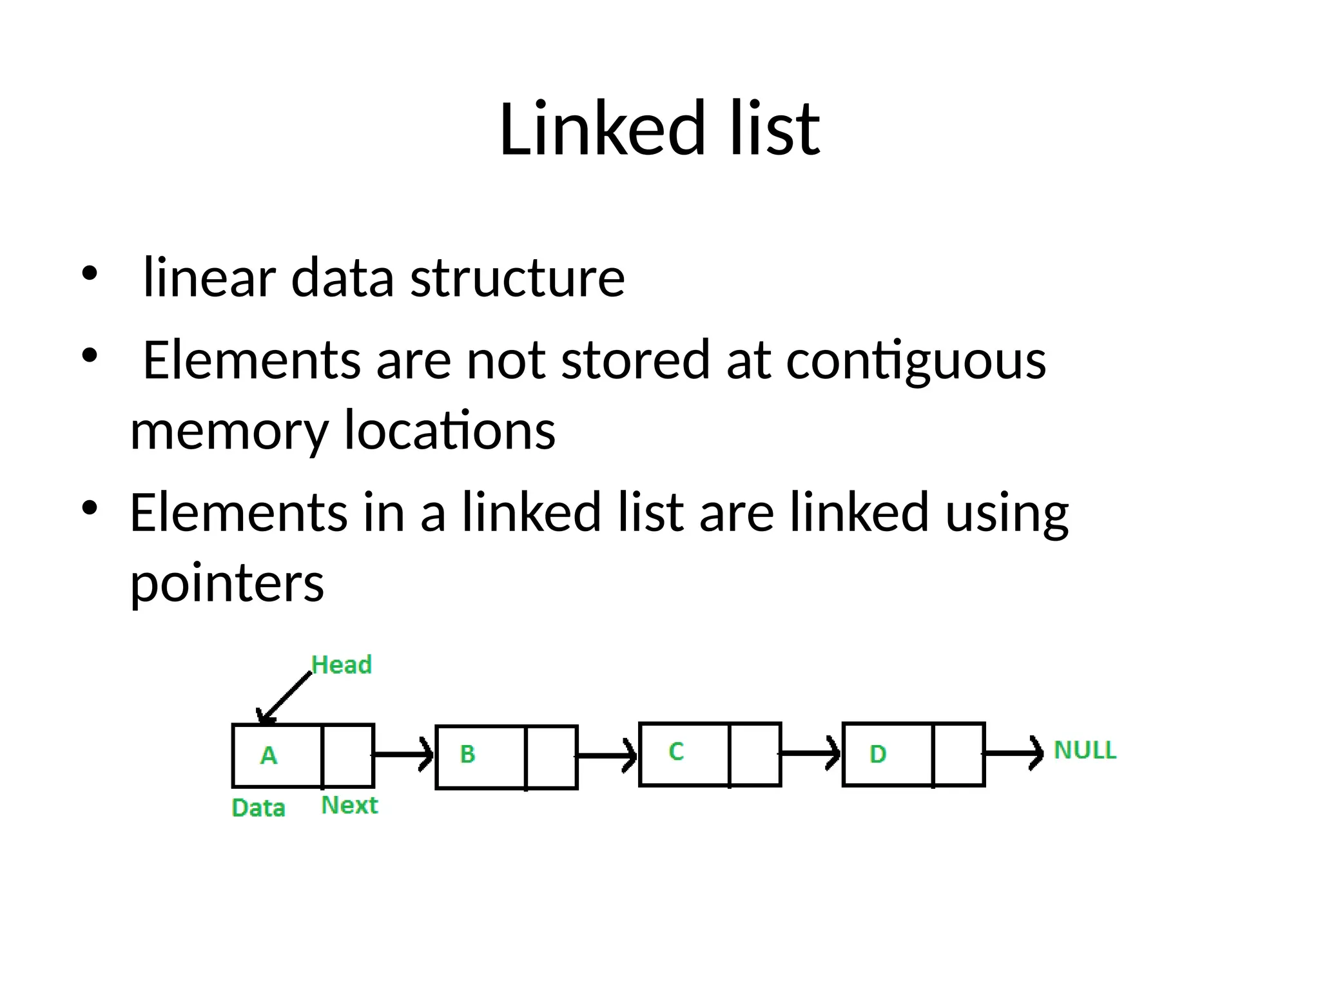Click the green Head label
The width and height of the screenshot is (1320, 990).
pos(342,665)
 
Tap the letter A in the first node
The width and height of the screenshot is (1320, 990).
pos(269,755)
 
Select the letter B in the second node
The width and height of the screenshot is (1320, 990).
pos(467,754)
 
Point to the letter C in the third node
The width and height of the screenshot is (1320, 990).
pos(675,752)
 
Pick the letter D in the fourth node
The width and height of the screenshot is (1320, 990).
pos(878,754)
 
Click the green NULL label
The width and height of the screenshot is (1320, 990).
pos(1085,750)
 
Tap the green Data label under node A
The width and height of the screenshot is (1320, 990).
pos(258,808)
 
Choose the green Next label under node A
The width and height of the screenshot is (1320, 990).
pos(349,806)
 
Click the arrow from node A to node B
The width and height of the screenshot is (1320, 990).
pos(403,754)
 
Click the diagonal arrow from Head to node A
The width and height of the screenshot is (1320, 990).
pos(285,699)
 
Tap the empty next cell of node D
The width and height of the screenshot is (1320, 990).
pos(958,754)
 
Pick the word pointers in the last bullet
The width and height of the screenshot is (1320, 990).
pos(227,583)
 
